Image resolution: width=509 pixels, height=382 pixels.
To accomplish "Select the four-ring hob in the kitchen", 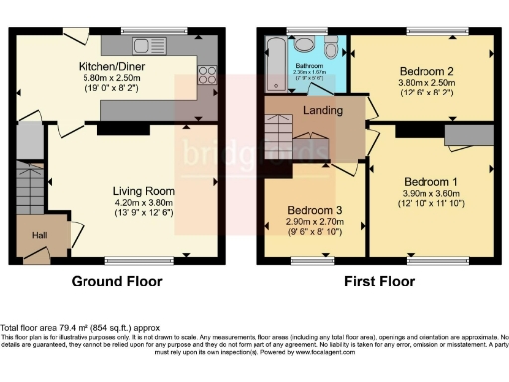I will [210, 75].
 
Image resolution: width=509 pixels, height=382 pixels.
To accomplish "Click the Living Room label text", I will [144, 191].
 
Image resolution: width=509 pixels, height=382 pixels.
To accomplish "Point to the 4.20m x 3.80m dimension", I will [144, 203].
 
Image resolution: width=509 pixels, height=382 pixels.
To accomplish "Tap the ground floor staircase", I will [28, 189].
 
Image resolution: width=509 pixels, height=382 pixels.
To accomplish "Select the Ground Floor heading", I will [117, 282].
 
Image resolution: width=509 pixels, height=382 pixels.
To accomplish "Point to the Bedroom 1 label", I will [432, 180].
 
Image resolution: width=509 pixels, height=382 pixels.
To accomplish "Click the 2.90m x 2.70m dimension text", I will [315, 222].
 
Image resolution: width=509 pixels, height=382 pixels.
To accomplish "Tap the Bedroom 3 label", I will [315, 210].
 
